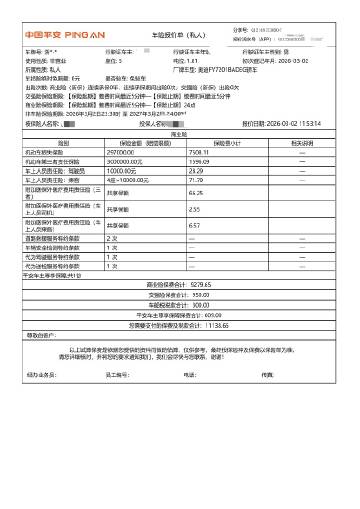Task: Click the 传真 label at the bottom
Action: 267,403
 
